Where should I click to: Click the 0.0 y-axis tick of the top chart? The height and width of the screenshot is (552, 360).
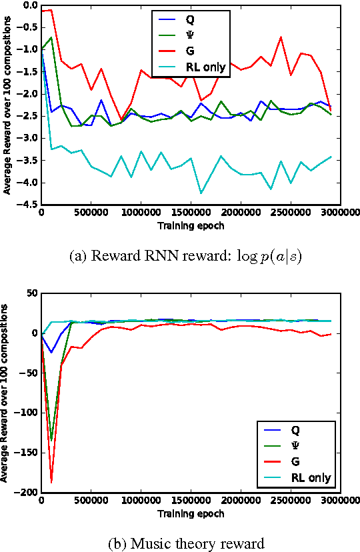tap(28, 5)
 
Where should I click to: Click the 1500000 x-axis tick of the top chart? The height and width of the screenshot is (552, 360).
tap(191, 213)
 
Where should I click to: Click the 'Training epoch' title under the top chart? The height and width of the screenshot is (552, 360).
tap(191, 225)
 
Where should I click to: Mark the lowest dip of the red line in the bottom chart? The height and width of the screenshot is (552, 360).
tap(51, 482)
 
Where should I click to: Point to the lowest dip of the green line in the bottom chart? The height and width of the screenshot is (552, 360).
tap(51, 440)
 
